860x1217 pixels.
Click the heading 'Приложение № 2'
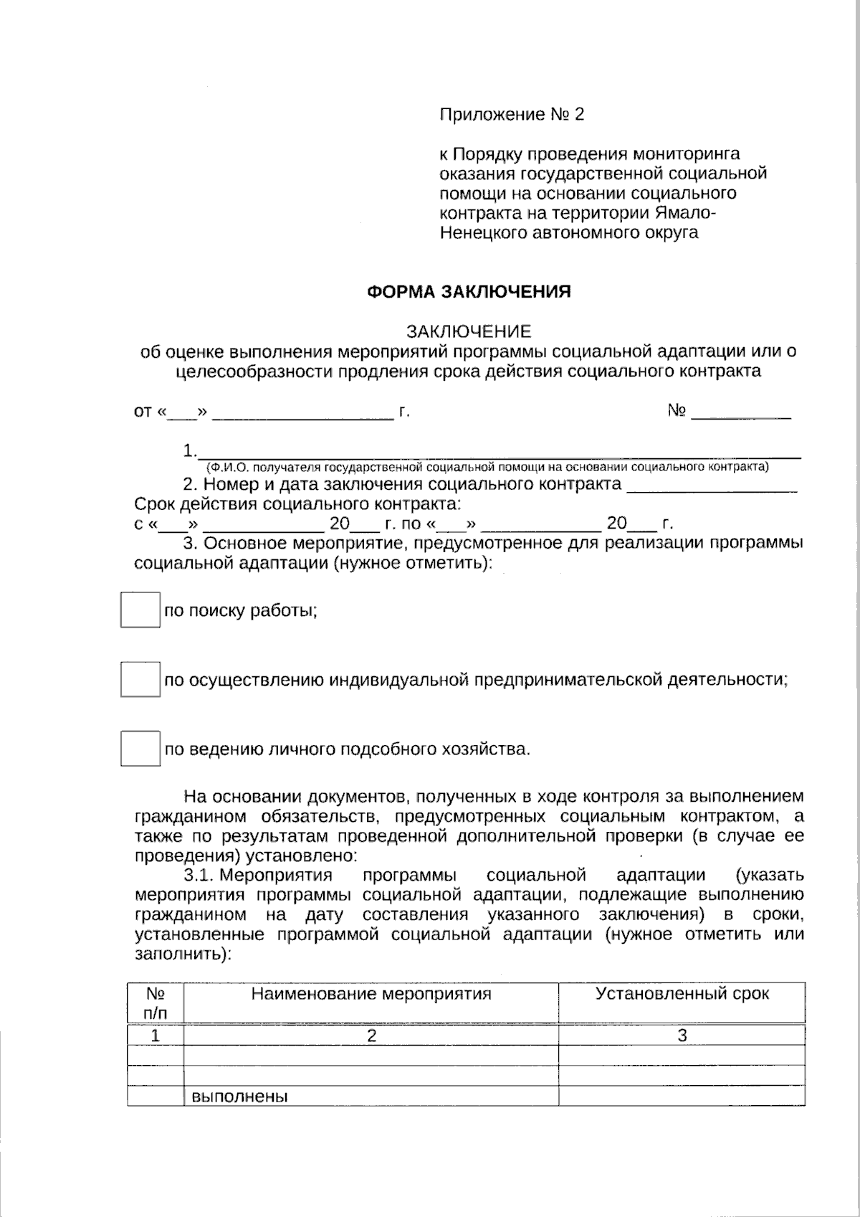(x=512, y=115)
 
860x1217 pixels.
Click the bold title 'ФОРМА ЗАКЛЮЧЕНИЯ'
(x=469, y=292)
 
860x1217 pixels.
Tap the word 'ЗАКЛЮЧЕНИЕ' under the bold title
(x=469, y=331)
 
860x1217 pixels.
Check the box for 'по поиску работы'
(x=140, y=610)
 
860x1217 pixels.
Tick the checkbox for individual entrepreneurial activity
(x=140, y=680)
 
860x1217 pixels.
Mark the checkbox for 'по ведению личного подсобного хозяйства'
(x=140, y=749)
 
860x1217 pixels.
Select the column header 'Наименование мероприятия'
(x=371, y=994)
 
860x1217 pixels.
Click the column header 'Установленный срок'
(x=682, y=994)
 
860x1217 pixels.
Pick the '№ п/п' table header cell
(x=156, y=1003)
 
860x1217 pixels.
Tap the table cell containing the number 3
(x=682, y=1036)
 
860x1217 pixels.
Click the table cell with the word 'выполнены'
(x=371, y=1097)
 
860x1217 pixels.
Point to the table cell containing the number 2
(x=371, y=1036)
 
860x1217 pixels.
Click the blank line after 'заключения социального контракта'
(x=712, y=488)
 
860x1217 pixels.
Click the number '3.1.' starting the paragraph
(x=199, y=876)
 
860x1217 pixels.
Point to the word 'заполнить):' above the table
(x=183, y=955)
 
